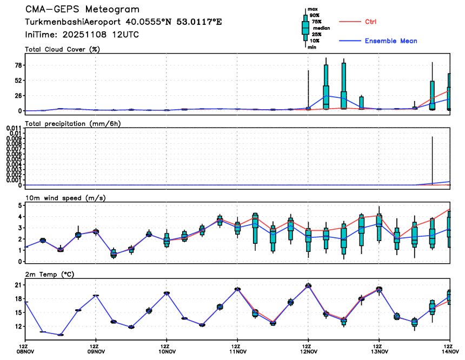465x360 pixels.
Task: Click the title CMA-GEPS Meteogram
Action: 82,10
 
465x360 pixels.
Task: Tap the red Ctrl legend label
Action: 370,22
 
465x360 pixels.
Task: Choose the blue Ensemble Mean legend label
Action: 391,41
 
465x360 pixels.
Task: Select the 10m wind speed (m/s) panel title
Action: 65,198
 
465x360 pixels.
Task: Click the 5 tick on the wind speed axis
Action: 19,205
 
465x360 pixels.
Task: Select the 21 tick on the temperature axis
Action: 16,285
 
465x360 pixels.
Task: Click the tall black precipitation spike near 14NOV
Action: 433,162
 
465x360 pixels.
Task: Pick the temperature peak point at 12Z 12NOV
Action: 308,285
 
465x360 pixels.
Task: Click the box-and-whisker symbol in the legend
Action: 305,27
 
